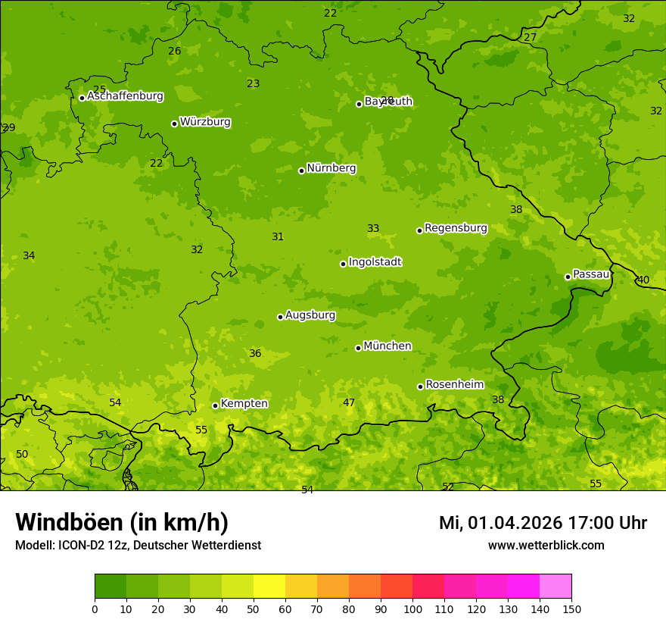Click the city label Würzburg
pos(205,122)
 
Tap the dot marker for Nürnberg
pos(301,171)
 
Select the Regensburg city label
pos(456,228)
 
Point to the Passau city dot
pos(568,277)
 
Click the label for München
pos(387,346)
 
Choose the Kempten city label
pos(244,404)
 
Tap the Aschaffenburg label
pos(125,96)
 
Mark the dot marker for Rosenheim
pos(420,386)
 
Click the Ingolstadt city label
pos(375,262)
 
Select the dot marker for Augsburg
pos(280,317)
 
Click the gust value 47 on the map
pos(349,403)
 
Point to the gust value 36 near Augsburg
pos(255,354)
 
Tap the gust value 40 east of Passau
pos(643,280)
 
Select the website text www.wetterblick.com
pos(546,546)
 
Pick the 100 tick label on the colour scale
pos(412,609)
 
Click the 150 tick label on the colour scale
pos(571,609)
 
